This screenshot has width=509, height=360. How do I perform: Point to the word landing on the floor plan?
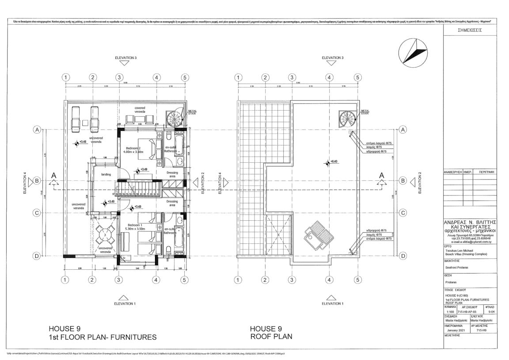(x=106, y=174)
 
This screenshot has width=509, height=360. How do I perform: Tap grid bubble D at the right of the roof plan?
(x=403, y=256)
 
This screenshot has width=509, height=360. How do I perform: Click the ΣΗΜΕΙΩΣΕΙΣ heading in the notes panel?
(x=470, y=32)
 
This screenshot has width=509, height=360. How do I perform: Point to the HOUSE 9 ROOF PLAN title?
(x=271, y=333)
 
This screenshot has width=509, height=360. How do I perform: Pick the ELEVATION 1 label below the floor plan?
(x=125, y=303)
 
